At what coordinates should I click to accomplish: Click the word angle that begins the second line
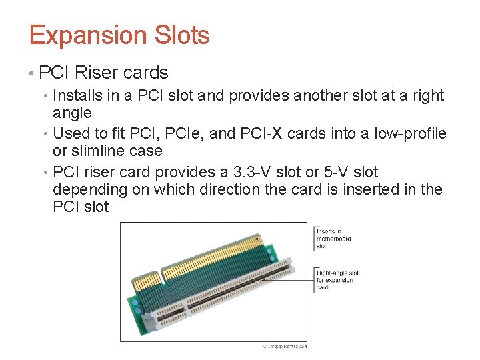(x=72, y=113)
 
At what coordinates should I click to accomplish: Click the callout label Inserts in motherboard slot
(x=333, y=239)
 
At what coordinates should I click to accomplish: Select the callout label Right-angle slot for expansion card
(x=337, y=280)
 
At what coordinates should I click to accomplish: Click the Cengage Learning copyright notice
(x=285, y=346)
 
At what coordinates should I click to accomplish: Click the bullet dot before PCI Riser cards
(x=32, y=73)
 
